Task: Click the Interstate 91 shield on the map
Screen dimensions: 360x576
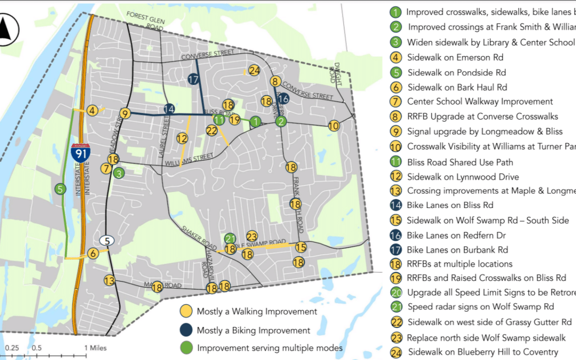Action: coord(79,152)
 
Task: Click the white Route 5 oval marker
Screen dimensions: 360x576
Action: coord(107,241)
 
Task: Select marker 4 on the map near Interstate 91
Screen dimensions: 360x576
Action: coord(93,110)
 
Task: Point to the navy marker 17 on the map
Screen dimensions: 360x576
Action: coord(194,79)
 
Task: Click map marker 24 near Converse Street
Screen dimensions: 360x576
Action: coord(254,70)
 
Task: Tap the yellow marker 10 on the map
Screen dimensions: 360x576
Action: coord(334,126)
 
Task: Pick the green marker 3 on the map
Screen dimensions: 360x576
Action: coord(119,172)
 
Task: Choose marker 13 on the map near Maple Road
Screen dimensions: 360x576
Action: coord(110,281)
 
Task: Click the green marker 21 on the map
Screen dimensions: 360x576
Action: coord(230,238)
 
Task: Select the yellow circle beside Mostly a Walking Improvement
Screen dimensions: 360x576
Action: coord(186,311)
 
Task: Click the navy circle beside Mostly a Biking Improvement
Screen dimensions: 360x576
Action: coord(186,330)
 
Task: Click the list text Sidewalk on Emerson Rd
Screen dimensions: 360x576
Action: coord(455,57)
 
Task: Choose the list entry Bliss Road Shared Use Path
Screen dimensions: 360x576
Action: coord(460,162)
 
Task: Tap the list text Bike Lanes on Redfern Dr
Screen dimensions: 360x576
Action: coord(457,235)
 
